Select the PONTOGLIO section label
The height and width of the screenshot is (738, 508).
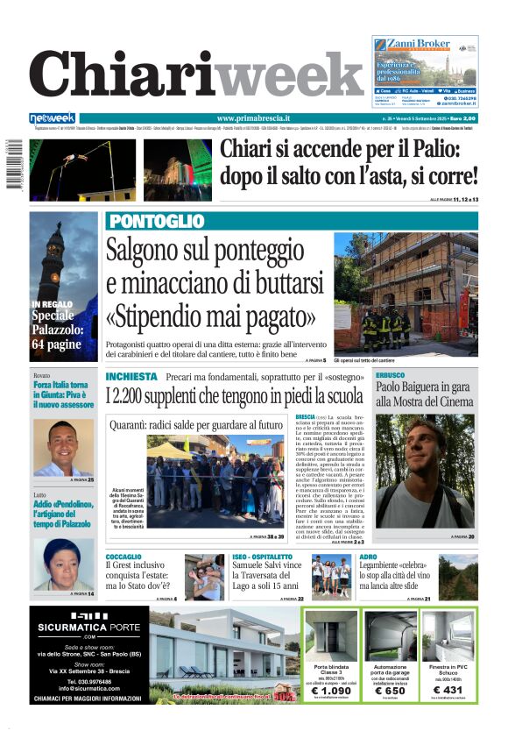pos(157,221)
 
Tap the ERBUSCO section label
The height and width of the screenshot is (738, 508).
pos(391,375)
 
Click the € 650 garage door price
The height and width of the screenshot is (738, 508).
pos(390,691)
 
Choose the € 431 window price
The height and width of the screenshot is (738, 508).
pos(449,691)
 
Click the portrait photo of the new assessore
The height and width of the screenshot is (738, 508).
pos(63,447)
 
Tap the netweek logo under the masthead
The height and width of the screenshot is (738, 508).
pos(53,118)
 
